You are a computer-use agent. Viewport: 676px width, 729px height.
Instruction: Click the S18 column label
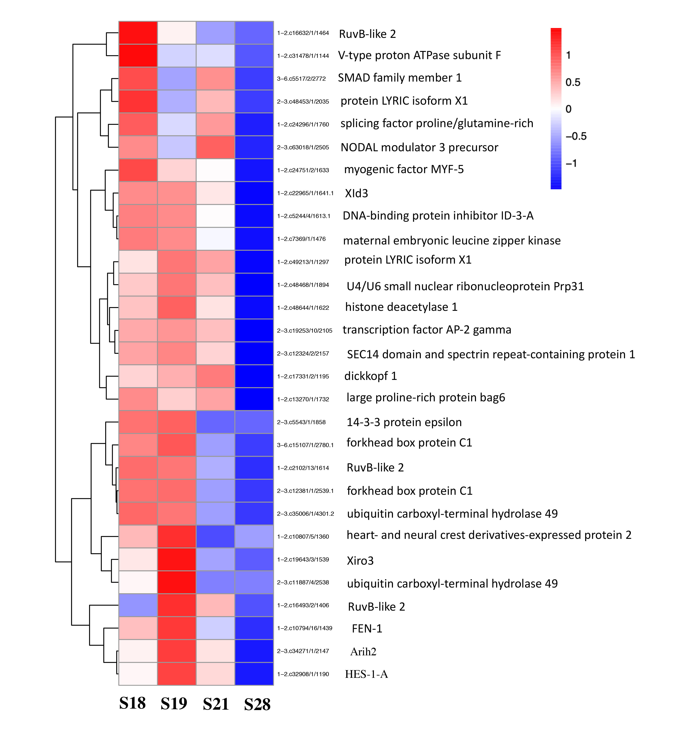tap(132, 703)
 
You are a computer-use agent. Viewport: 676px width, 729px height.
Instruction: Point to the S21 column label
tap(216, 704)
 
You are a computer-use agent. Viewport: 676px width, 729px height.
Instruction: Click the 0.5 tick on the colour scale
tap(573, 82)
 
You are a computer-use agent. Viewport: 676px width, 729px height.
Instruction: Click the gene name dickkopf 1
tap(370, 376)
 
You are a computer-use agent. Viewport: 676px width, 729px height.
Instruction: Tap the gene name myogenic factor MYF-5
tap(404, 169)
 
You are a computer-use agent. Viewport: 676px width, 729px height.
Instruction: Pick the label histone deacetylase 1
tap(401, 307)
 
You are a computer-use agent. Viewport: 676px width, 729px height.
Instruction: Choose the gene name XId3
tap(356, 193)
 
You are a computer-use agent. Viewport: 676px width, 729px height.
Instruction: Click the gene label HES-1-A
tap(366, 674)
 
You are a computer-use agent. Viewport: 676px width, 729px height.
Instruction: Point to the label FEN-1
tap(367, 629)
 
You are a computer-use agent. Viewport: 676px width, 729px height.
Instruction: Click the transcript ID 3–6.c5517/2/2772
tap(301, 79)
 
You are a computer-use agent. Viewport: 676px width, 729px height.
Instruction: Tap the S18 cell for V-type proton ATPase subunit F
tap(138, 56)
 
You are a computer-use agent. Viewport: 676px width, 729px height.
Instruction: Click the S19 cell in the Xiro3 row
tap(177, 559)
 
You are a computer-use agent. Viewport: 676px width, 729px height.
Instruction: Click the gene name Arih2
tap(363, 651)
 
